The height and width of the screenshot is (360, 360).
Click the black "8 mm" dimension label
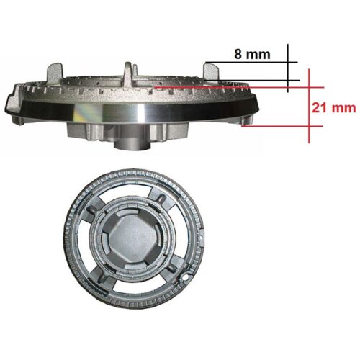[x=252, y=54]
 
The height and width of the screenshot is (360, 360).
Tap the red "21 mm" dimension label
[x=334, y=107]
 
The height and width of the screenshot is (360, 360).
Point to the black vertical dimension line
[x=287, y=68]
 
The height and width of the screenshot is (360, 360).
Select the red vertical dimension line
[x=309, y=106]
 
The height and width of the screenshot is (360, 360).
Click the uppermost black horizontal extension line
[x=251, y=63]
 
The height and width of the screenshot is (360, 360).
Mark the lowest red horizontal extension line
[x=282, y=126]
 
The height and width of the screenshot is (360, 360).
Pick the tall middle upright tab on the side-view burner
[x=127, y=71]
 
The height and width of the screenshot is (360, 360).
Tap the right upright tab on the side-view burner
[x=211, y=71]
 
